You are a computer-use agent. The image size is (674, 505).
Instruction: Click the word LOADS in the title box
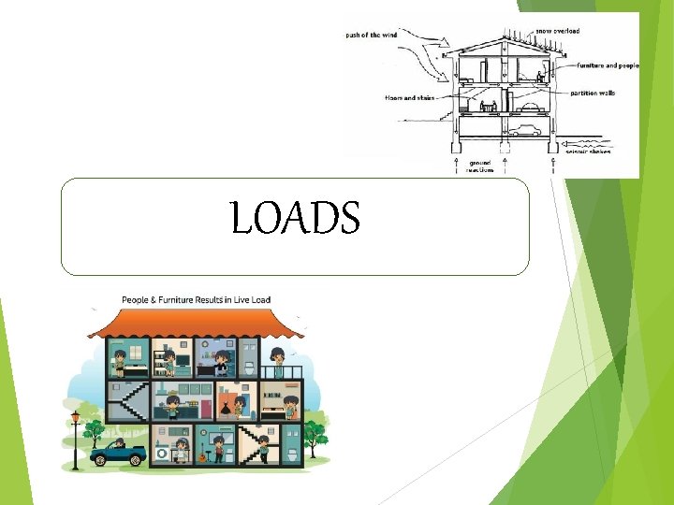coord(295,219)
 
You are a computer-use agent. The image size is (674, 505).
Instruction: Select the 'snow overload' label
coord(558,31)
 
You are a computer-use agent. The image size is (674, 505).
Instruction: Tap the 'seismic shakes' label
coord(590,151)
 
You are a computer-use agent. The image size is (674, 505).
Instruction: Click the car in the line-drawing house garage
coord(528,129)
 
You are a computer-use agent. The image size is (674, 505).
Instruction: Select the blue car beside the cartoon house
coord(118,455)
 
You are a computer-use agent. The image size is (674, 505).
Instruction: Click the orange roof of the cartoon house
coord(196,324)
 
